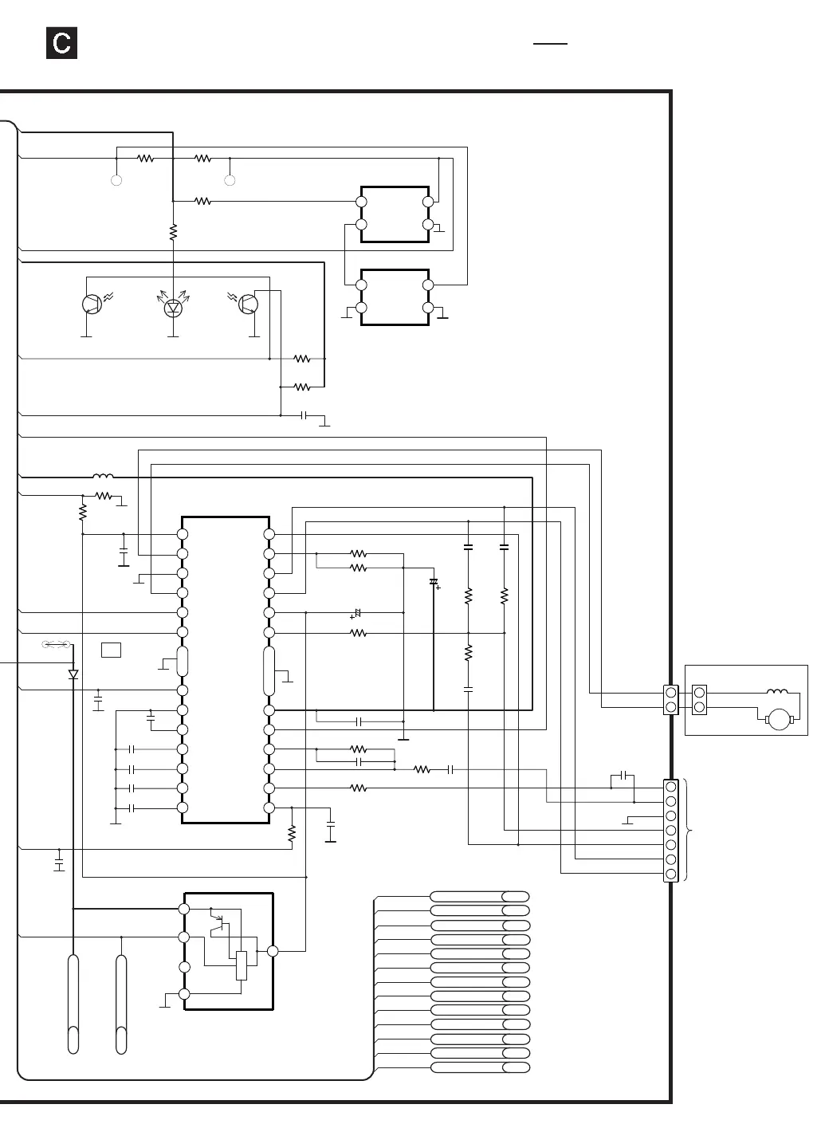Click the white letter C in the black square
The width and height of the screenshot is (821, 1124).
(61, 43)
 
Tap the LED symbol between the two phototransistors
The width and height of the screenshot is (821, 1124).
(173, 307)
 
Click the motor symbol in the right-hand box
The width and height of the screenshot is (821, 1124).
(778, 719)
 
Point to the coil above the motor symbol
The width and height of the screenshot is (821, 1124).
(777, 692)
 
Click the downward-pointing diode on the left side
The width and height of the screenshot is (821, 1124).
(73, 674)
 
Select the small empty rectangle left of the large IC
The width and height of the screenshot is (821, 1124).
(112, 650)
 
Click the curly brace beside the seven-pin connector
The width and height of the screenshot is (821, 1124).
(689, 831)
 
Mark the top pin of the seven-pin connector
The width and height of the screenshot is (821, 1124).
(670, 787)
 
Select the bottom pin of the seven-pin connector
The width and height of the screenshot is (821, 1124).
(670, 874)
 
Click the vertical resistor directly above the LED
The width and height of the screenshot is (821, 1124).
(173, 233)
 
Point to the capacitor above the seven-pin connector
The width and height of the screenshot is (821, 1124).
(627, 776)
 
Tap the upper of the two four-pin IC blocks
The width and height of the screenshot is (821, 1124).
(395, 214)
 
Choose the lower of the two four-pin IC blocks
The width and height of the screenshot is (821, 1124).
(395, 297)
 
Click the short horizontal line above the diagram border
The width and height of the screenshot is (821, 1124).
(550, 44)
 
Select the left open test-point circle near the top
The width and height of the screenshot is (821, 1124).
(116, 181)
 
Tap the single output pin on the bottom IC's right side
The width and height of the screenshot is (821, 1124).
(273, 951)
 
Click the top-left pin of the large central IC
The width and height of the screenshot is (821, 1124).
(183, 534)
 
